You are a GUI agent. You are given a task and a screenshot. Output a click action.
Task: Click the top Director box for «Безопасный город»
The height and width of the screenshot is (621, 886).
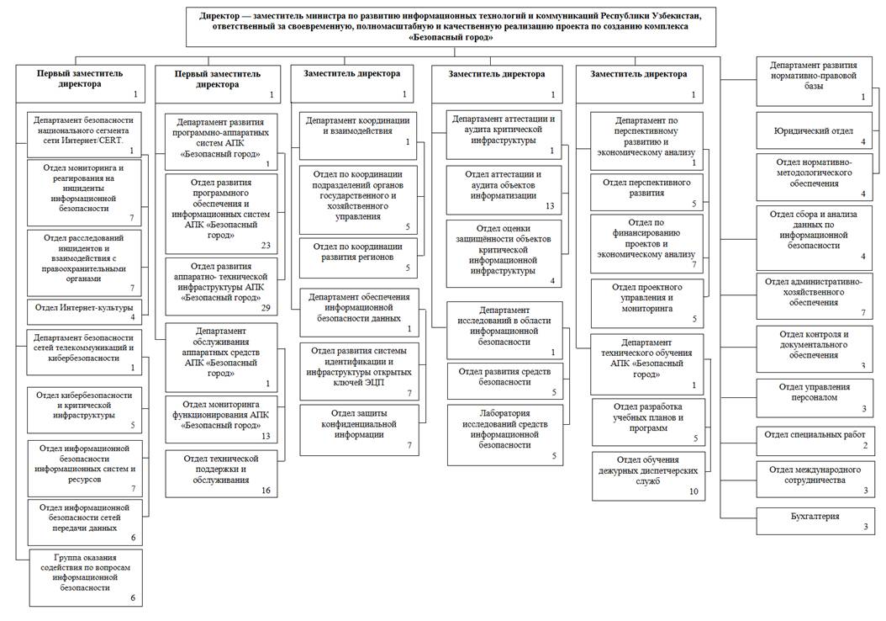point(451,26)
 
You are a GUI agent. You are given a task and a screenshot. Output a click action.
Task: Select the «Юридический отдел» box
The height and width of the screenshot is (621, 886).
point(813,132)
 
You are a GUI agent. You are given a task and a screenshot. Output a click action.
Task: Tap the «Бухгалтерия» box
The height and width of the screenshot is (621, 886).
point(813,521)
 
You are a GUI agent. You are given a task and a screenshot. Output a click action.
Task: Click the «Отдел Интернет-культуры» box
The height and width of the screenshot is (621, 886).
point(84,310)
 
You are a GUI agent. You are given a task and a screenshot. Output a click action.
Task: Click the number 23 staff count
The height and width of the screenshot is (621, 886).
point(266,246)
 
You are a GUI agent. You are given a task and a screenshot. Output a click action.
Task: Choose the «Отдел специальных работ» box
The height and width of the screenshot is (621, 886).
point(813,438)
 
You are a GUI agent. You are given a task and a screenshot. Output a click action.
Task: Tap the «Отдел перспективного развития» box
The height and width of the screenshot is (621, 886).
point(646,193)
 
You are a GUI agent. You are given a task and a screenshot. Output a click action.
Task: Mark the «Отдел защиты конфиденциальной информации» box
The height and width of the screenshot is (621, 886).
point(359,429)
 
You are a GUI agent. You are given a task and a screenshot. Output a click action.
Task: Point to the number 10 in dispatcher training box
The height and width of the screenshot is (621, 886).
point(694,491)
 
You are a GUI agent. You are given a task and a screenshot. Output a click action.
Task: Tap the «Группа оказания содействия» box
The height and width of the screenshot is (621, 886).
point(84,577)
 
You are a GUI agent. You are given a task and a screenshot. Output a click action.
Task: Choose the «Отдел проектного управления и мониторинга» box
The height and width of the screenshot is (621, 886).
point(646,302)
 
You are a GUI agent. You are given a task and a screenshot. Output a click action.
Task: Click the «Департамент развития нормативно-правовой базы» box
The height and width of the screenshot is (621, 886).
point(813,81)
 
